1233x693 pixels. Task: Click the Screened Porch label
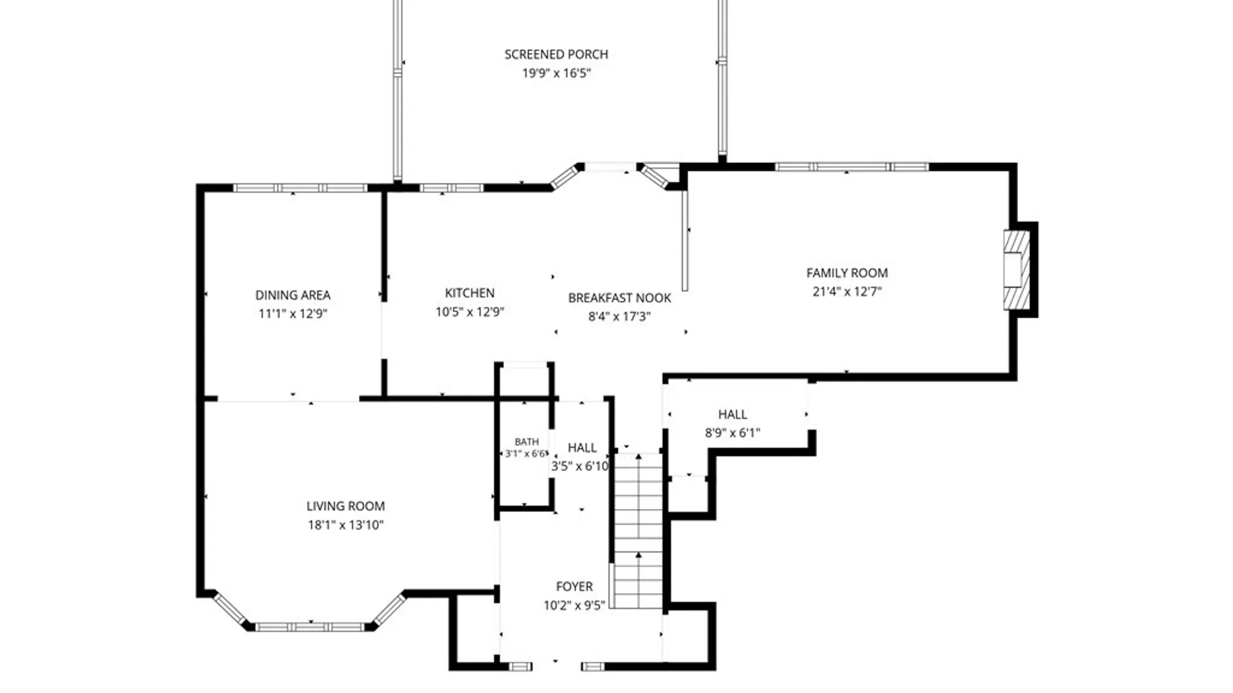[x=556, y=55]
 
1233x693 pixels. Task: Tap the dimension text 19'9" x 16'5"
[x=556, y=73]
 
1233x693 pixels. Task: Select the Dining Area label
[x=293, y=295]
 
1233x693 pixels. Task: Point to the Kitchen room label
[x=469, y=293]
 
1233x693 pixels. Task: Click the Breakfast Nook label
[x=620, y=298]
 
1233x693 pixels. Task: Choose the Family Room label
[x=847, y=273]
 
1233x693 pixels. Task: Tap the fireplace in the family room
[x=1017, y=269]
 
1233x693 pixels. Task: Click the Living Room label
[x=345, y=506]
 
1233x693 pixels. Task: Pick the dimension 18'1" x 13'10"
[x=345, y=525]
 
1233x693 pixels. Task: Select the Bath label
[x=527, y=442]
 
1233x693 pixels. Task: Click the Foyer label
[x=574, y=586]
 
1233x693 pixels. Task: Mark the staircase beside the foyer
[x=638, y=531]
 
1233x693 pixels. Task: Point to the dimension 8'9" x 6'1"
[x=733, y=433]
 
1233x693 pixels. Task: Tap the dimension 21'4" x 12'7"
[x=847, y=291]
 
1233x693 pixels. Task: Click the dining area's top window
[x=300, y=188]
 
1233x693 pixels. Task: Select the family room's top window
[x=852, y=167]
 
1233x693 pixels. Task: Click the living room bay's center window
[x=310, y=627]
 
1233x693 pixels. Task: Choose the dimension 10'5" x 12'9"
[x=469, y=312]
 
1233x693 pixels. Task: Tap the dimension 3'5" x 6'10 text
[x=580, y=466]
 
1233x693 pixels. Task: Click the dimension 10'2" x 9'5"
[x=574, y=605]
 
